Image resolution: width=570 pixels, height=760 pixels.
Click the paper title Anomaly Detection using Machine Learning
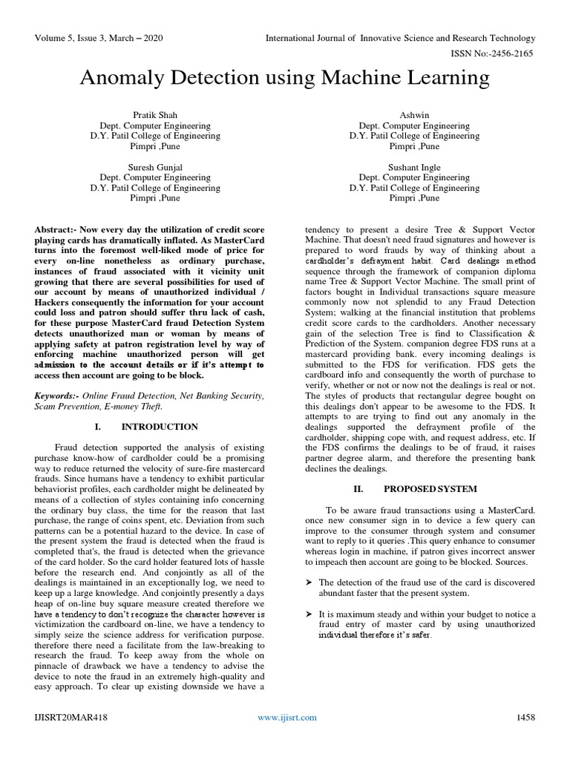tap(285, 78)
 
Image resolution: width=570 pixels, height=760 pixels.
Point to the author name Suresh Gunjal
tap(155, 168)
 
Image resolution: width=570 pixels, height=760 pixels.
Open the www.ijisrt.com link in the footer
tap(286, 717)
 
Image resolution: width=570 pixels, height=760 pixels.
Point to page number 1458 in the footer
tap(525, 717)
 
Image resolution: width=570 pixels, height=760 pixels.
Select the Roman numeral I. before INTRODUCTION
tap(99, 427)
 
